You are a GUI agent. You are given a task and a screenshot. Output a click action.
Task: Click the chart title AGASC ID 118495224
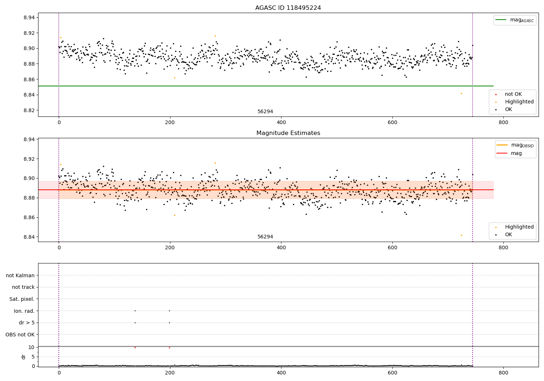(288, 8)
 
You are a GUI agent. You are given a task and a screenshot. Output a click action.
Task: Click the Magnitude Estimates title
(288, 133)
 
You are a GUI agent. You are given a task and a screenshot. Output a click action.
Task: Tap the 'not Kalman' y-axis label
(20, 275)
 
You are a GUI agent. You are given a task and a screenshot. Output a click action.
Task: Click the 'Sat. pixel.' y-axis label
(22, 299)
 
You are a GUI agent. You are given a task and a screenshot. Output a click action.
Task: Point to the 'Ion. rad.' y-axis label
(24, 311)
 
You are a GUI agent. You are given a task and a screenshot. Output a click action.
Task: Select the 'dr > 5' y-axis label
(26, 323)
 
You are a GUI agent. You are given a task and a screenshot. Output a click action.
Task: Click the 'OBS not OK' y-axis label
(20, 335)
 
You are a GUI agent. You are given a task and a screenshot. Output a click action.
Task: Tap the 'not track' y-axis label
(23, 287)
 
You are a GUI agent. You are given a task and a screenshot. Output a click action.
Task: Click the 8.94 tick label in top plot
(29, 17)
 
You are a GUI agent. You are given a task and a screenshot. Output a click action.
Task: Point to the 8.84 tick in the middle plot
(29, 237)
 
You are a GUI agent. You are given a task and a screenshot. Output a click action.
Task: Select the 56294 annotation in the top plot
(265, 112)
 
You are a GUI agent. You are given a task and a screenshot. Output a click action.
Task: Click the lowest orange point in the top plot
(461, 94)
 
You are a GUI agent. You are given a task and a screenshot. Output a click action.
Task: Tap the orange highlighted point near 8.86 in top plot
(174, 78)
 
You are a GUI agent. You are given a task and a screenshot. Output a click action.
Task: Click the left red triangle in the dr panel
(135, 348)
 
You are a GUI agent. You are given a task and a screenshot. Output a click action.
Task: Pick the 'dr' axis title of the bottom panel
(24, 357)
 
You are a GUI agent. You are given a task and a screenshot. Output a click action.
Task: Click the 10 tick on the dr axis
(31, 347)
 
